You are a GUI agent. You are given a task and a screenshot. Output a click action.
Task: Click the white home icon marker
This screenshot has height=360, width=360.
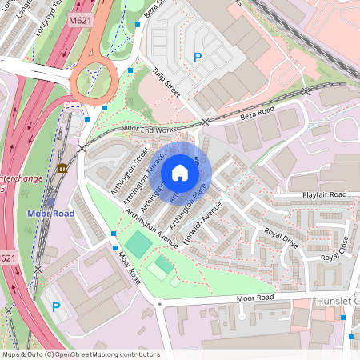coord(180,173)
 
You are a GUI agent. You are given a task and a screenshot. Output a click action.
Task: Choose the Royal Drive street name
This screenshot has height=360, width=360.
coord(281,236)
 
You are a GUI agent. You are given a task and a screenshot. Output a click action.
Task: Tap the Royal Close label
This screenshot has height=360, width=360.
coord(334,250)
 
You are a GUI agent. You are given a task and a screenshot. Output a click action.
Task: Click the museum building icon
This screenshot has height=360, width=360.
coord(63,168)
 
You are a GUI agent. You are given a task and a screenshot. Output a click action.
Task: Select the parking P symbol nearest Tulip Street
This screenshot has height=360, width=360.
coord(198,57)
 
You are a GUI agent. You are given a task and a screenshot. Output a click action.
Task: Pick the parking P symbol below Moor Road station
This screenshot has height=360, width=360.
coord(55,306)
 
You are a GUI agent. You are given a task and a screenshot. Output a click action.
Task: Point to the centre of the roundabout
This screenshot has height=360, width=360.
coord(94,81)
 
